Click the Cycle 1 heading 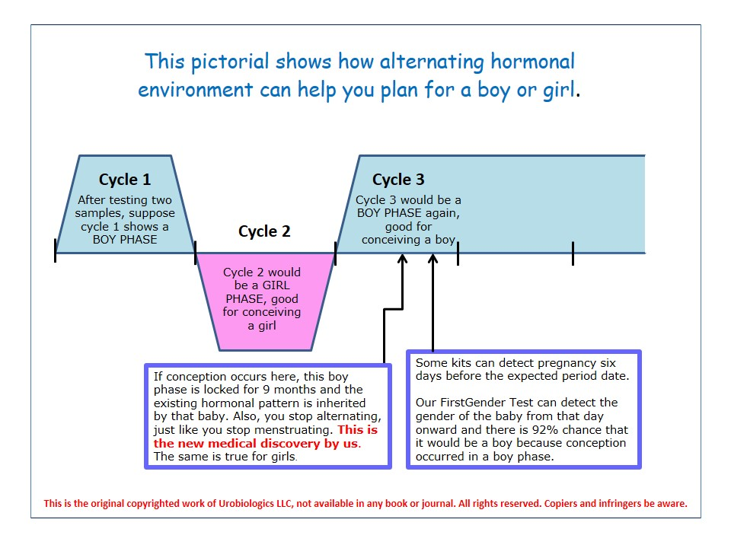[x=125, y=180]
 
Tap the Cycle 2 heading [x=264, y=231]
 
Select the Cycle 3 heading [x=398, y=180]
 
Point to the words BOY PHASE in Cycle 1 [x=125, y=239]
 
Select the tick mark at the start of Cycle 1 [x=55, y=250]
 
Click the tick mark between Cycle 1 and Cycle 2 [x=196, y=253]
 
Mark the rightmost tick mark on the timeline [x=573, y=253]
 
